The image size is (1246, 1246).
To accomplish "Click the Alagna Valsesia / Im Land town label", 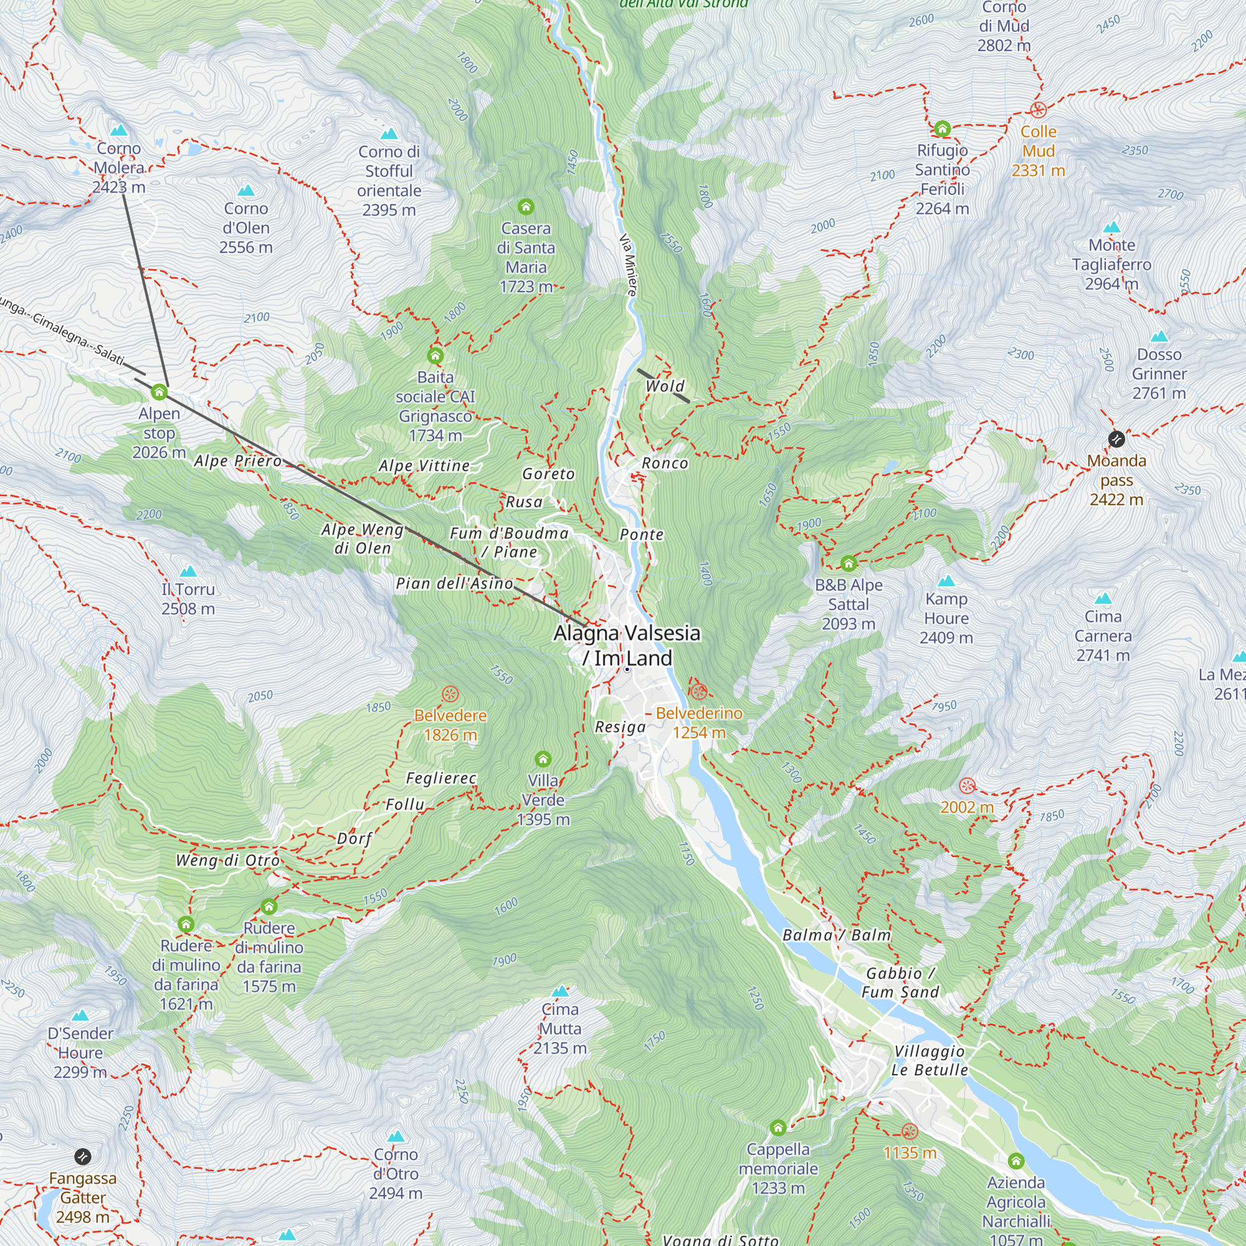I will click(x=626, y=645).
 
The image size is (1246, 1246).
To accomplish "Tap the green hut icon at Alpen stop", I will click(x=159, y=392).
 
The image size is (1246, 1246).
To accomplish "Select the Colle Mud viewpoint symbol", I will click(x=1038, y=110).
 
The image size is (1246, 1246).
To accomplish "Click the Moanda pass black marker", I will click(x=1116, y=439).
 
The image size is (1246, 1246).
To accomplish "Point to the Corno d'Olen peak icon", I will click(x=245, y=191).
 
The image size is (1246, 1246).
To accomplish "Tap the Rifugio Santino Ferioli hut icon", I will click(x=942, y=129).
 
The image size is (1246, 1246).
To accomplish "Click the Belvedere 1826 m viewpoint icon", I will click(x=450, y=695).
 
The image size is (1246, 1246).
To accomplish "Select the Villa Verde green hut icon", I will click(x=543, y=759).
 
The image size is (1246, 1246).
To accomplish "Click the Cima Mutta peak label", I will click(x=560, y=1028).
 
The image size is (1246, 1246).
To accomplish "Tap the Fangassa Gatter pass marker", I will click(x=83, y=1156).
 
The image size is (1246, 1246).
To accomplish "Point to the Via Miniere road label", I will click(x=627, y=264).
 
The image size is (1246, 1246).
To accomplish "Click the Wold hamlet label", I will click(x=664, y=386).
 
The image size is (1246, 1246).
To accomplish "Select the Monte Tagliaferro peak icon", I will click(x=1112, y=227).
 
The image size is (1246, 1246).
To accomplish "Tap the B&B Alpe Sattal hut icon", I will click(x=848, y=564).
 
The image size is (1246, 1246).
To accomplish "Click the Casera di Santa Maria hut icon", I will click(x=526, y=207).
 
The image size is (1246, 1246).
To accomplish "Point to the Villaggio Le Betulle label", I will click(x=930, y=1060).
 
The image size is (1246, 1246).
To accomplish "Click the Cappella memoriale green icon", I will click(x=778, y=1128).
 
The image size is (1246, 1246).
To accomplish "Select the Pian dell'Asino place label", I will click(x=454, y=584).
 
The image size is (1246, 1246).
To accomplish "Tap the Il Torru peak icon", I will click(x=188, y=571).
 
